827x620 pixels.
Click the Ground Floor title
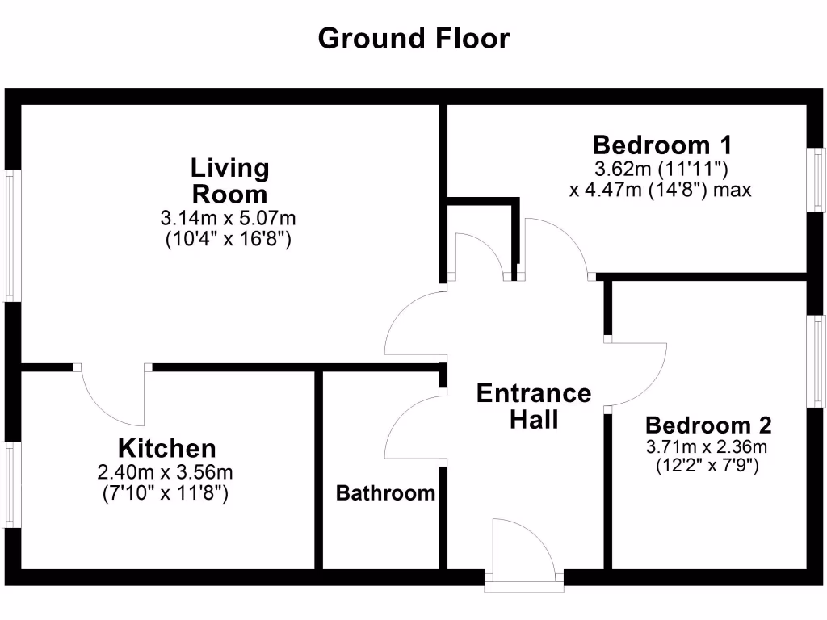coord(413,38)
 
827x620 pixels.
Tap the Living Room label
coord(229,181)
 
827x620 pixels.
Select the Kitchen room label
coord(167,448)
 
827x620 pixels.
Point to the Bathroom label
coord(385,492)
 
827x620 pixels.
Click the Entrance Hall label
coord(534,406)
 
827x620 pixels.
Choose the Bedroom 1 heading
coord(662,145)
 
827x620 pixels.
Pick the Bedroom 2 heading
coord(708,425)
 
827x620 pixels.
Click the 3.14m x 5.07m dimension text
coord(229,218)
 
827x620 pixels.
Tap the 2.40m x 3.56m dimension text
coord(167,472)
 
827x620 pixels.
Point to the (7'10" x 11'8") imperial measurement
coord(167,492)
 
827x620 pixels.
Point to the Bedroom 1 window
coord(819,180)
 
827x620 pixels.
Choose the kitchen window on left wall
coord(10,484)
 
